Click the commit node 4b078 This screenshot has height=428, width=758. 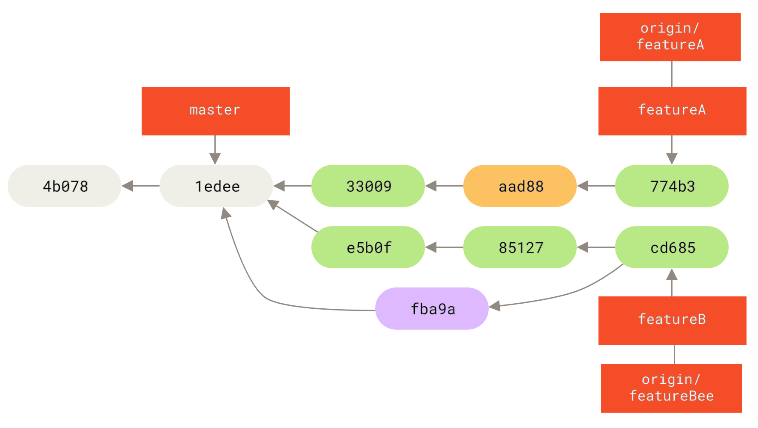[x=64, y=186]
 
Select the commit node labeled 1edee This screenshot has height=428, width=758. [x=216, y=186]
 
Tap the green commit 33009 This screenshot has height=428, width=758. [x=368, y=186]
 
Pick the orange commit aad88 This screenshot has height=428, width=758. [x=520, y=186]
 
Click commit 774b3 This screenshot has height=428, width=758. [x=672, y=186]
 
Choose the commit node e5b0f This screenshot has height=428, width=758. [x=368, y=247]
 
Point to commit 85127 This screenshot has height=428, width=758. [x=520, y=247]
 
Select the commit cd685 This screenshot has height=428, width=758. [x=672, y=247]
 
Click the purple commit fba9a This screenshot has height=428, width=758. [x=432, y=309]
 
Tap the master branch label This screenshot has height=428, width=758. [x=215, y=111]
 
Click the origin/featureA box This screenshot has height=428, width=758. [x=670, y=37]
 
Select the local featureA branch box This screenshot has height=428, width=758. [x=672, y=111]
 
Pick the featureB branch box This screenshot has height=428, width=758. [x=672, y=321]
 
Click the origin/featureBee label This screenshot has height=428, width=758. [x=671, y=388]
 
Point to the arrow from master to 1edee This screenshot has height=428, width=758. [x=215, y=149]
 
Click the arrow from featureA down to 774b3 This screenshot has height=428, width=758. [x=672, y=149]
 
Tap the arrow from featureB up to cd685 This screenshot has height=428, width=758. [x=672, y=283]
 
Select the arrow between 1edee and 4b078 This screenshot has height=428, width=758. [x=140, y=186]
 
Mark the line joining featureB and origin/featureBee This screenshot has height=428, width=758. [x=674, y=354]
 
